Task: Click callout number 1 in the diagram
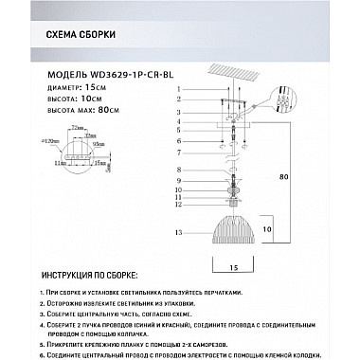[178, 89]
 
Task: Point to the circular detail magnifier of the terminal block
[288, 99]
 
